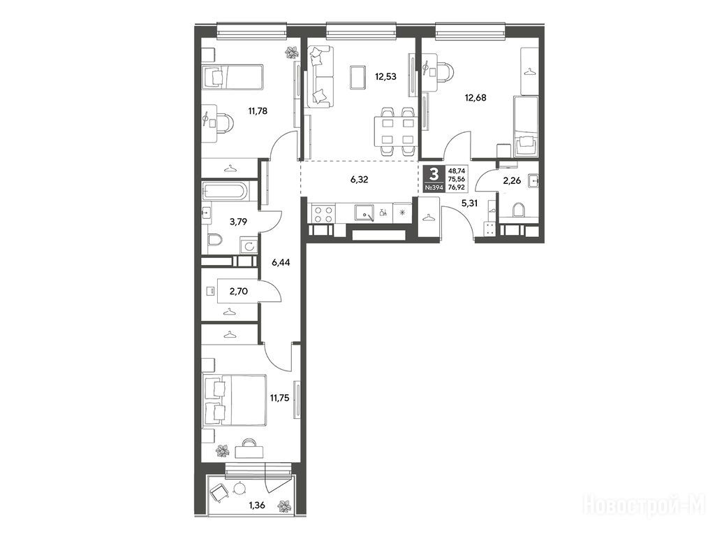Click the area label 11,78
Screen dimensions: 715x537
pyautogui.click(x=258, y=110)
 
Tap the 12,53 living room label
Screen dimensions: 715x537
pyautogui.click(x=385, y=77)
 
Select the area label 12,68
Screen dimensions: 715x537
pyautogui.click(x=475, y=97)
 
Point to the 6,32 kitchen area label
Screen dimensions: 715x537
pyautogui.click(x=360, y=180)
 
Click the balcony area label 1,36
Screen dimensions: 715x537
pyautogui.click(x=257, y=505)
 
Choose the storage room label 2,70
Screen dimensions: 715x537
pyautogui.click(x=239, y=291)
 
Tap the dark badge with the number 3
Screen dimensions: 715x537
pyautogui.click(x=434, y=173)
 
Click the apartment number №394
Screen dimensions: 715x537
pyautogui.click(x=434, y=187)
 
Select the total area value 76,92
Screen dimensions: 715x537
pyautogui.click(x=457, y=187)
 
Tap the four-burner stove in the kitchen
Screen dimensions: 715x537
pyautogui.click(x=322, y=215)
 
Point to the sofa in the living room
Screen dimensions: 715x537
pyautogui.click(x=320, y=77)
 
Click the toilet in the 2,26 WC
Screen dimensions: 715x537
pyautogui.click(x=518, y=210)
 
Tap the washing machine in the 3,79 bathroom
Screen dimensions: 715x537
pyautogui.click(x=249, y=247)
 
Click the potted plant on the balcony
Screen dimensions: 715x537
pyautogui.click(x=285, y=506)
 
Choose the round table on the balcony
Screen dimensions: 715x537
pyautogui.click(x=239, y=489)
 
